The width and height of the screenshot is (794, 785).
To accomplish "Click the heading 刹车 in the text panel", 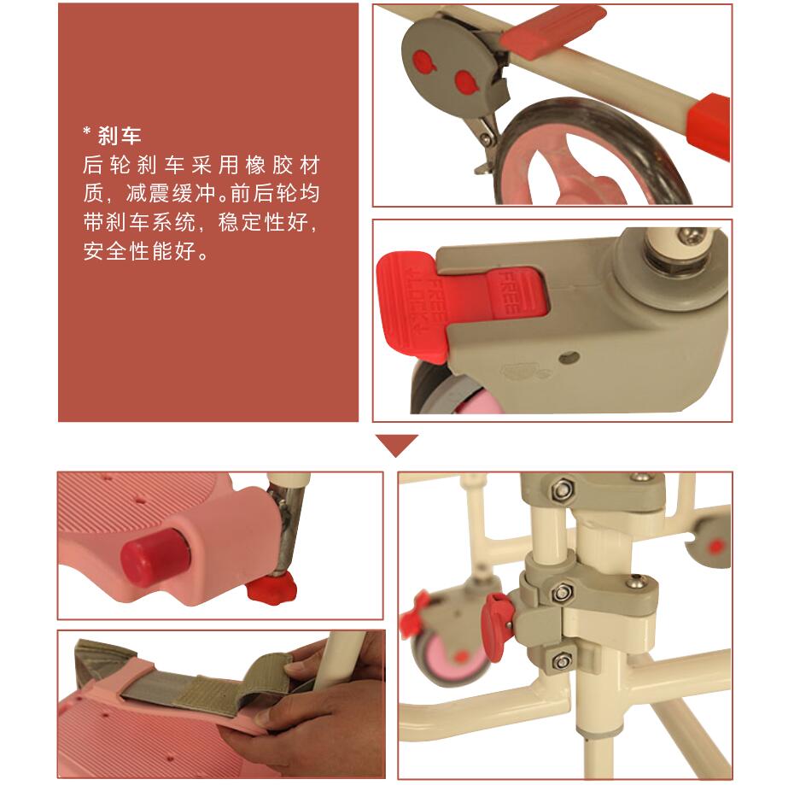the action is point(120,135).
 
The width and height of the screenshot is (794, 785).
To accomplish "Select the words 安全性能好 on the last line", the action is point(140,251).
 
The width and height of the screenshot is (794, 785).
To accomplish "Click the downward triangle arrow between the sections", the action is point(396,444).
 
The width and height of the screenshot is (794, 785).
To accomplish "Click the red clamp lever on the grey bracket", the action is point(494,626).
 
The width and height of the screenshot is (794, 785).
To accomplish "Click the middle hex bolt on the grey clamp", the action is point(560,593).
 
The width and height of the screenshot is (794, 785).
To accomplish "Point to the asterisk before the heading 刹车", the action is point(86,132).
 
